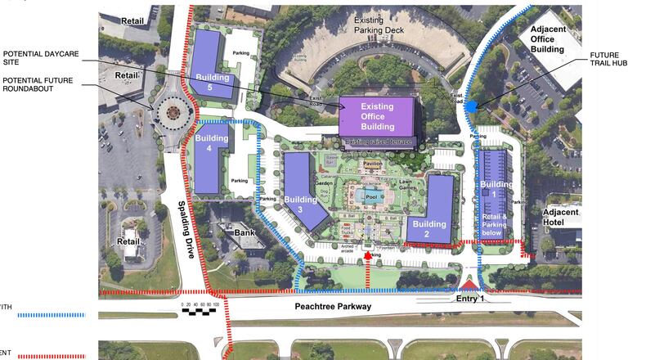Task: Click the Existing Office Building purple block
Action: (378, 117)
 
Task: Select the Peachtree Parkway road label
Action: (333, 307)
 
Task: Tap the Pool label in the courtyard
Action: (371, 197)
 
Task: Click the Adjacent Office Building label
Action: (547, 38)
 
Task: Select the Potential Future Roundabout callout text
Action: (37, 83)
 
